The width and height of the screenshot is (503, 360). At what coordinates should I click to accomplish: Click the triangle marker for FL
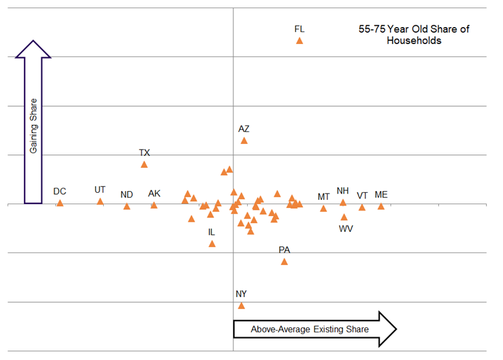tap(299, 41)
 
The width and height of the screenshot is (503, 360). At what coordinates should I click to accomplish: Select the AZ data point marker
tap(244, 141)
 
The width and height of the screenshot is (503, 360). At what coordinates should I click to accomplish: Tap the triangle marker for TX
tap(144, 165)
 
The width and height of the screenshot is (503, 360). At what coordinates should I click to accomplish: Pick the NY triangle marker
tap(241, 306)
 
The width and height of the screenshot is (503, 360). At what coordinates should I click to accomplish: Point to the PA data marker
tap(284, 262)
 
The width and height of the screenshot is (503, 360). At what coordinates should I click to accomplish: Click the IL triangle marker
tap(212, 244)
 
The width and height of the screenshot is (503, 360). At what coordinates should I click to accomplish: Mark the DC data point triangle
tap(60, 204)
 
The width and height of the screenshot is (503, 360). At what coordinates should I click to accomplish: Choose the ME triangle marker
tap(381, 206)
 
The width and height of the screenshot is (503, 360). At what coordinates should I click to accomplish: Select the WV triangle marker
tap(344, 217)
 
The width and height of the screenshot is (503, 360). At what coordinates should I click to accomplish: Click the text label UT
tap(100, 190)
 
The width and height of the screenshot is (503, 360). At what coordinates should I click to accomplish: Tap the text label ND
tap(126, 194)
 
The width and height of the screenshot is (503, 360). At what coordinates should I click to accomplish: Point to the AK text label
tap(154, 194)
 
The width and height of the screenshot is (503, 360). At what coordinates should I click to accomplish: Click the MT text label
tap(324, 197)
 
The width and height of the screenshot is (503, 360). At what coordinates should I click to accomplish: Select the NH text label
tap(343, 191)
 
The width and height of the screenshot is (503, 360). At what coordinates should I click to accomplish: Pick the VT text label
tap(362, 195)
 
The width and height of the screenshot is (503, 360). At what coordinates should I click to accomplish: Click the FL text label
tap(299, 29)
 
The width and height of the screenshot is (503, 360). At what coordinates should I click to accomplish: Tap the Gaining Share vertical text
tap(33, 126)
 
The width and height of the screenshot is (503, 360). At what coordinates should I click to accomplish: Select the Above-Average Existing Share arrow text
tap(309, 329)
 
